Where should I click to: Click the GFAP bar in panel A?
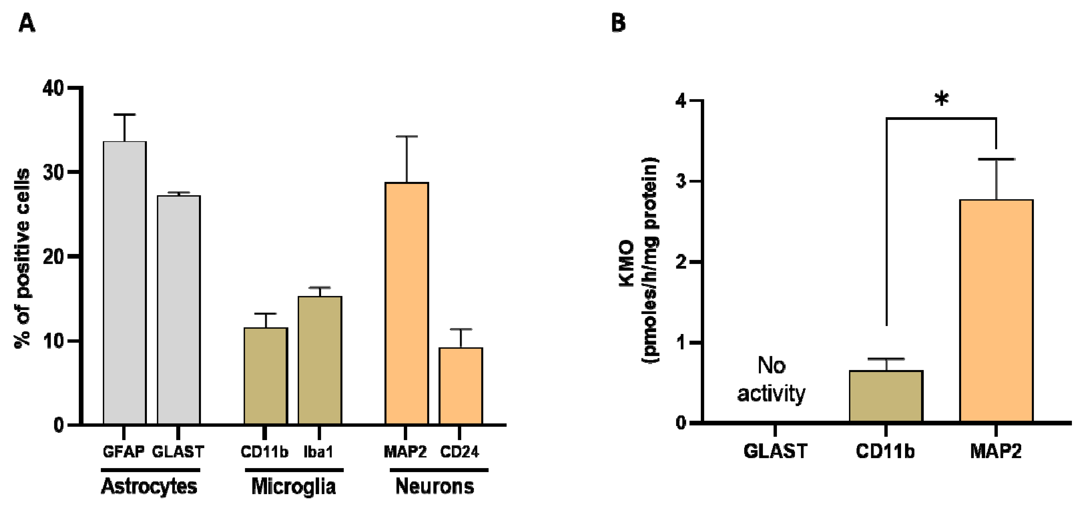[x=124, y=282]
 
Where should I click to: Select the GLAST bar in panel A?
[x=178, y=309]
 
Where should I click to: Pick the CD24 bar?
[x=460, y=385]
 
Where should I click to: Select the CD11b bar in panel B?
[x=886, y=395]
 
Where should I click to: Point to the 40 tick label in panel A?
[x=53, y=88]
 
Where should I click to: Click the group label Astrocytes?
[x=149, y=487]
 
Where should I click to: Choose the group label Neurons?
[x=435, y=487]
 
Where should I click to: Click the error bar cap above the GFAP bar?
[x=124, y=115]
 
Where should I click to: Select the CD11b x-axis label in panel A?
[x=264, y=452]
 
